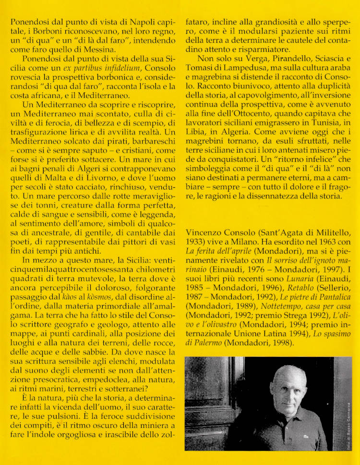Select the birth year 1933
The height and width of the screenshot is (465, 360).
pyautogui.click(x=195, y=240)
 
